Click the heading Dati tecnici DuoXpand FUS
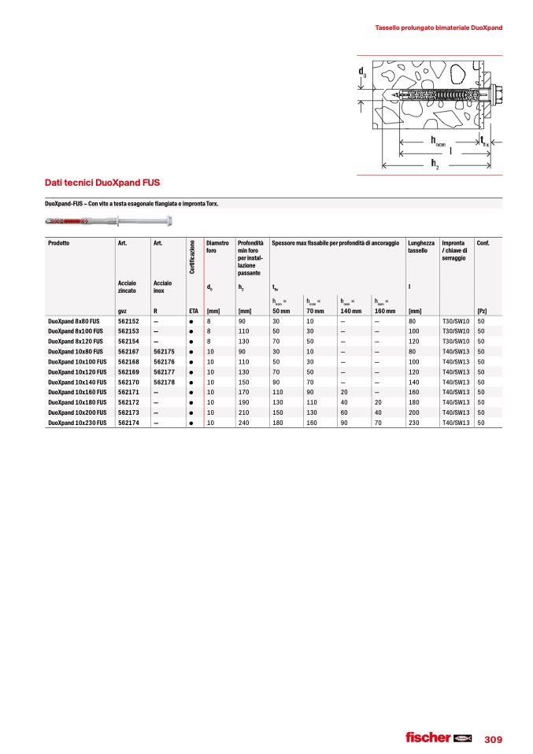[x=102, y=182]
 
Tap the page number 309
[x=493, y=739]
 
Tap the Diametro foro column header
[x=217, y=247]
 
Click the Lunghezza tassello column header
[x=421, y=247]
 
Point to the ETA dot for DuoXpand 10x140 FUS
[x=192, y=382]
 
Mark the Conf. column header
[x=483, y=243]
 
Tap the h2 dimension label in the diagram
[x=435, y=163]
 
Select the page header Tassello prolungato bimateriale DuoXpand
[x=439, y=28]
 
